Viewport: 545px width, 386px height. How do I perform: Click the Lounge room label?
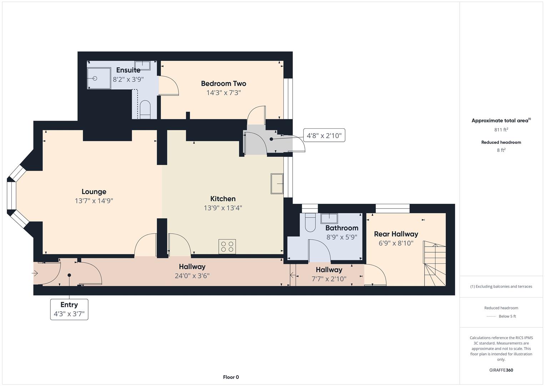click(x=94, y=192)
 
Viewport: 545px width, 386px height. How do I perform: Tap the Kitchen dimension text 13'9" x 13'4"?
click(x=223, y=208)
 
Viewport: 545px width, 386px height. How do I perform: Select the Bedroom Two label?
click(x=223, y=84)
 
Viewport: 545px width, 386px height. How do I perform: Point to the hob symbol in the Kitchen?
click(x=227, y=246)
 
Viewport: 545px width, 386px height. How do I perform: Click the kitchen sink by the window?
click(x=277, y=184)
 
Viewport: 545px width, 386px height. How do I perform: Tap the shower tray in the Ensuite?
click(x=99, y=78)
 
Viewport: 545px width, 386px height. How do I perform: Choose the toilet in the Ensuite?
click(x=145, y=109)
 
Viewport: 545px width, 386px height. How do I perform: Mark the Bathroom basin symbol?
click(x=329, y=218)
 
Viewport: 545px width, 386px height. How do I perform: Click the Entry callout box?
click(x=69, y=309)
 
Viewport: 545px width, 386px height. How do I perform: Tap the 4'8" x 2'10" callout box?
click(x=324, y=135)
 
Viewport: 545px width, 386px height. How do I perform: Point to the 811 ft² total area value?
click(x=501, y=130)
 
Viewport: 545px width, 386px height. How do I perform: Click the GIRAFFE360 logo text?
click(x=501, y=370)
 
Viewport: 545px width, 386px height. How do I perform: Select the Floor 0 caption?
click(x=231, y=377)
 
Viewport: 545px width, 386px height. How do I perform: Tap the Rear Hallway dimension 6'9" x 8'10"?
click(x=396, y=243)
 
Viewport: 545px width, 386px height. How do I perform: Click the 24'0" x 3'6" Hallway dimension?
click(x=192, y=276)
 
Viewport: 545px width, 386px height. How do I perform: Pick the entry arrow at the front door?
click(x=35, y=273)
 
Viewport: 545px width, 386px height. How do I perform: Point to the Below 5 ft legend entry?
click(x=501, y=316)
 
